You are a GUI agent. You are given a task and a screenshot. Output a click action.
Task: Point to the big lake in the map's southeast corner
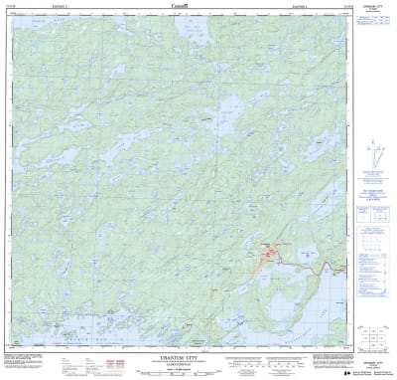coord(318,313)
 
